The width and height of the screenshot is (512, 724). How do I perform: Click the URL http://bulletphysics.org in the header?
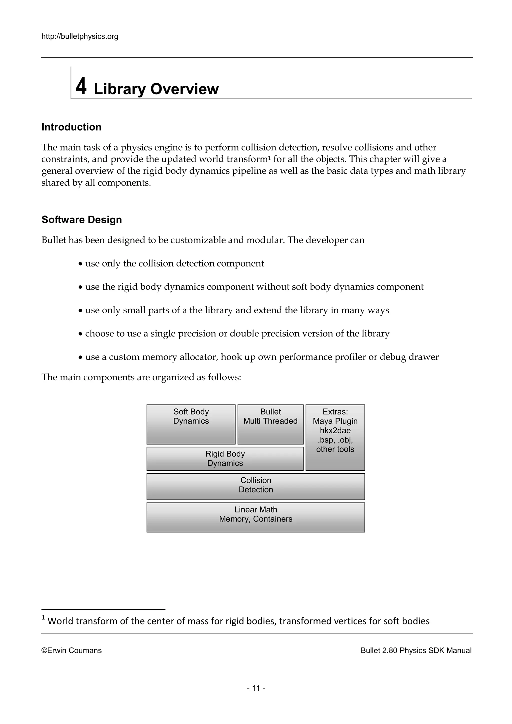(x=80, y=36)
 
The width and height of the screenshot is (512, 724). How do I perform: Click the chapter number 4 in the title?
(x=81, y=86)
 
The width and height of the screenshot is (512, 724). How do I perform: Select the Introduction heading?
(x=71, y=127)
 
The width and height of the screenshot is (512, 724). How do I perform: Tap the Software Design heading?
(x=82, y=220)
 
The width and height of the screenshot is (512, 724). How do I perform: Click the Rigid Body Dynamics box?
(x=225, y=458)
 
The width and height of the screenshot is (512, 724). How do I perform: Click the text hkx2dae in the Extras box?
(x=335, y=430)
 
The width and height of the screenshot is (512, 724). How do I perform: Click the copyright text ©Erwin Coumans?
(x=71, y=650)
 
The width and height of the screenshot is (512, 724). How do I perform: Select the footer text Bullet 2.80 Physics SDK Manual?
(x=416, y=650)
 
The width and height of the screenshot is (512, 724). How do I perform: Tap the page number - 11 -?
(x=256, y=688)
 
